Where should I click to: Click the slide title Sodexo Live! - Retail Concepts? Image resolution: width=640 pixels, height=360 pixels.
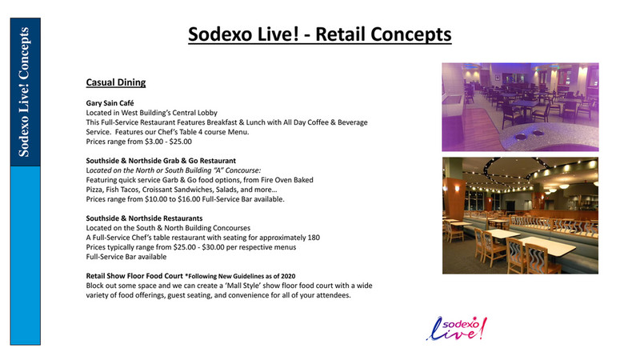click(319, 34)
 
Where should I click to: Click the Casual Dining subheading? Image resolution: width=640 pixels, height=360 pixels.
click(115, 82)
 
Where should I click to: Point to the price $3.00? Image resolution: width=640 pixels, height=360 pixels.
click(146, 142)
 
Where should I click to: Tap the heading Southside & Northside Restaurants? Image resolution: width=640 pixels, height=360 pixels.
click(144, 218)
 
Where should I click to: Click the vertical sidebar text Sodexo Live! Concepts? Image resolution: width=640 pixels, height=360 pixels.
click(25, 92)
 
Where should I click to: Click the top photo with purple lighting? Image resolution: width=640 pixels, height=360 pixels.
click(519, 107)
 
